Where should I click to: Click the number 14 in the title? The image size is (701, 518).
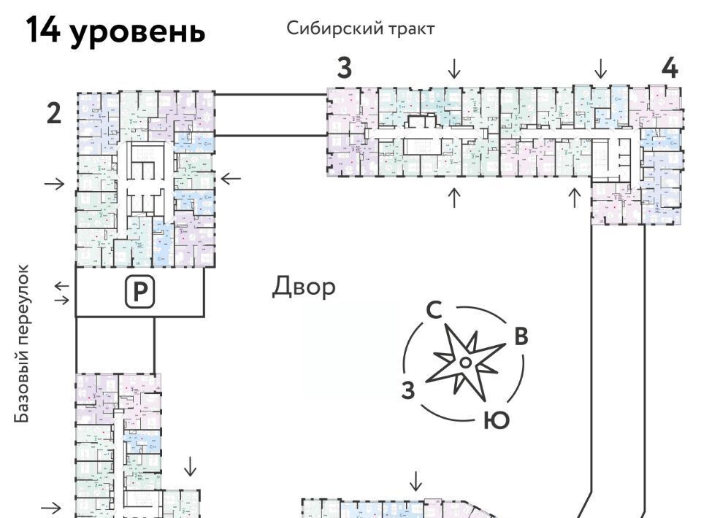coord(45,31)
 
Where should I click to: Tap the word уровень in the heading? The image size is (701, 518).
coord(138,33)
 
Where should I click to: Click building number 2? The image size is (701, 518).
coord(53,114)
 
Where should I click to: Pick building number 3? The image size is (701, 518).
coord(344,68)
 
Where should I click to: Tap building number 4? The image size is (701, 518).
coord(669,68)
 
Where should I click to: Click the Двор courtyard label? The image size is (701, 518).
coord(304,287)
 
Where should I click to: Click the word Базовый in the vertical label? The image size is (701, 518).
coord(23,386)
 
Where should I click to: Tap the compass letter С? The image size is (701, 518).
coord(433,310)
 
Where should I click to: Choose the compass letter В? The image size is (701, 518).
coord(521,336)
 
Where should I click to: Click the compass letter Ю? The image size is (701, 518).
coord(496,420)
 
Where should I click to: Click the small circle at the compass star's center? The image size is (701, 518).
coord(464,361)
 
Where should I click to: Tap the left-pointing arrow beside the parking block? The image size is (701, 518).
coord(63,285)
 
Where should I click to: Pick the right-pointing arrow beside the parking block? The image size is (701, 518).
coord(63,299)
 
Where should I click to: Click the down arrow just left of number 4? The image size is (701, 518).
coord(600,69)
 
